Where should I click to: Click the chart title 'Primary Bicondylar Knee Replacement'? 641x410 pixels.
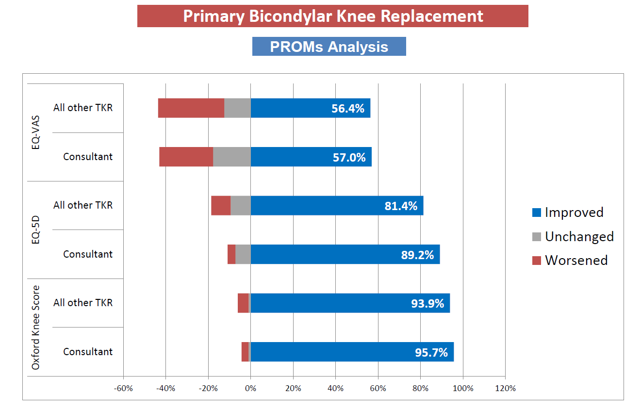tap(333, 16)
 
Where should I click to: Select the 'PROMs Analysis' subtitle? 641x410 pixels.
tap(329, 47)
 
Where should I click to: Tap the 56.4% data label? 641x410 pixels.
tap(347, 108)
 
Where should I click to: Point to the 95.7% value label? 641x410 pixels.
tap(431, 352)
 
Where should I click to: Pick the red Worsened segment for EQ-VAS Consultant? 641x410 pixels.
tap(186, 157)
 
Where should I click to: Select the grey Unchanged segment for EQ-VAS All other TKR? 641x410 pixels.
tap(237, 108)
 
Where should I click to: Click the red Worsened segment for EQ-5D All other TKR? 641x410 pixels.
tap(221, 206)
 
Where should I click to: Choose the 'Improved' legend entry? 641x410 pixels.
tap(574, 212)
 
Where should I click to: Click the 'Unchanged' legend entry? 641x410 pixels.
tap(579, 236)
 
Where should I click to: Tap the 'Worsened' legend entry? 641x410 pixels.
tap(576, 260)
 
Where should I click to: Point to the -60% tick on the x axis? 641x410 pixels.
tap(123, 388)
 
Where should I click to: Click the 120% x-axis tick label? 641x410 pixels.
tap(505, 388)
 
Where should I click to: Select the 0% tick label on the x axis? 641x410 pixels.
tap(250, 388)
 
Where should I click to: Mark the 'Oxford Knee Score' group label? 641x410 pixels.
tap(35, 328)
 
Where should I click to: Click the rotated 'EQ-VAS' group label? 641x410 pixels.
tap(35, 132)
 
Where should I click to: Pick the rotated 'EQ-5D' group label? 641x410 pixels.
tap(35, 230)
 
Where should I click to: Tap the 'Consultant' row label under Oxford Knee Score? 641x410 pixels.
tap(88, 352)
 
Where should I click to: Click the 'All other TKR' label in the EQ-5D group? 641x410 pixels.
tap(83, 205)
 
